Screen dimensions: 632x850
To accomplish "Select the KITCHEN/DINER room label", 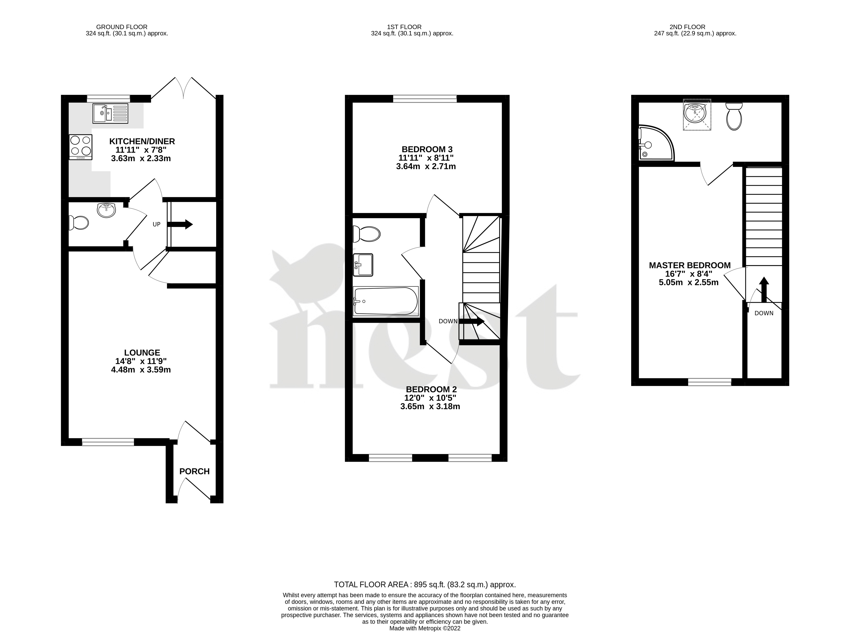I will pyautogui.click(x=142, y=141).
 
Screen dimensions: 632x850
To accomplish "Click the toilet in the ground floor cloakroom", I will pyautogui.click(x=79, y=222).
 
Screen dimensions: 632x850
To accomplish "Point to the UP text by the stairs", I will pyautogui.click(x=157, y=224).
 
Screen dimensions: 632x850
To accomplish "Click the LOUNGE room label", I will pyautogui.click(x=142, y=352).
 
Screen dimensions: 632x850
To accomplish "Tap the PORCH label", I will pyautogui.click(x=194, y=471).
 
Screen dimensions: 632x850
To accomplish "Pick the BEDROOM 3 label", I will pyautogui.click(x=427, y=149).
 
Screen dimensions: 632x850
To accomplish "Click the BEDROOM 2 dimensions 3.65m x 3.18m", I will pyautogui.click(x=430, y=406).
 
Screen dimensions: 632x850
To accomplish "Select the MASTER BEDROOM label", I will pyautogui.click(x=690, y=265).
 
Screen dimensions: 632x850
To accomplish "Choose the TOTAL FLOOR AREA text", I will pyautogui.click(x=425, y=584).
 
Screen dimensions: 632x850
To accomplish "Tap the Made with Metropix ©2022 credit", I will pyautogui.click(x=425, y=628).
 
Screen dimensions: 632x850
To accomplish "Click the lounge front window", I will pyautogui.click(x=108, y=442).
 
